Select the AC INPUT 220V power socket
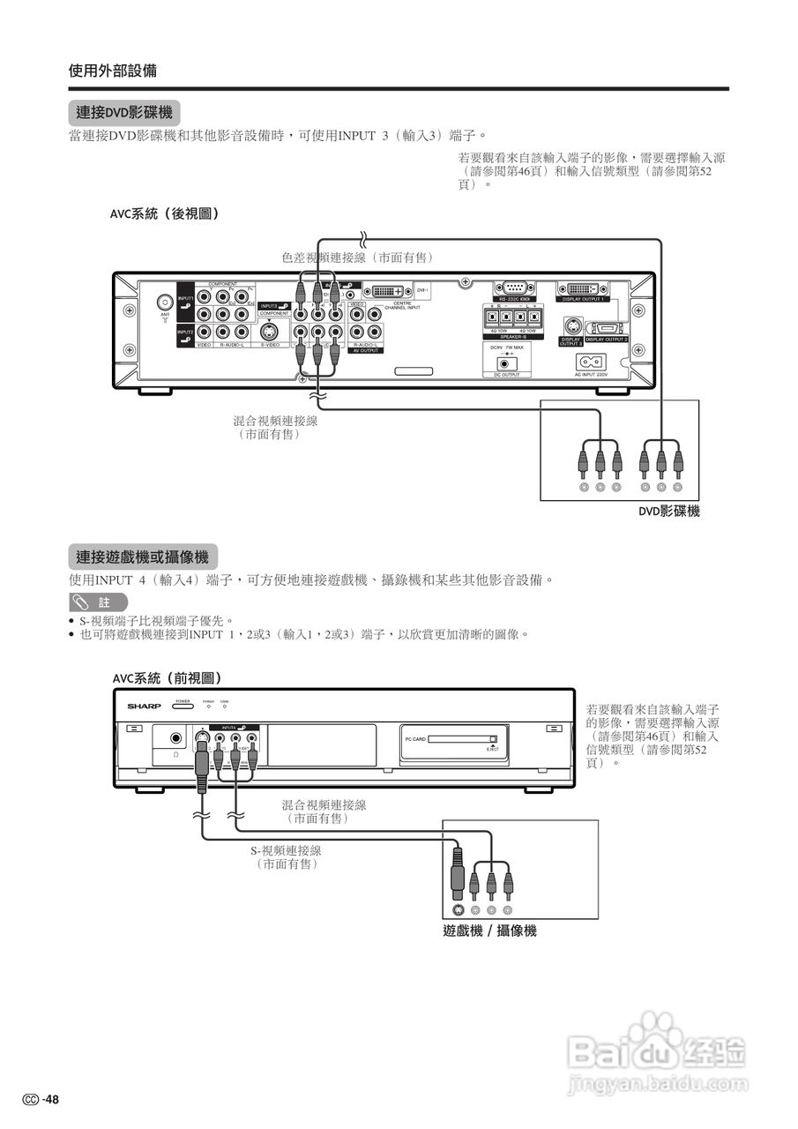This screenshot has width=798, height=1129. (590, 362)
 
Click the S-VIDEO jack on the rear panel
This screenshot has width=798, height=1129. (271, 332)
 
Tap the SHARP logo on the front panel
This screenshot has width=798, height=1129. (145, 707)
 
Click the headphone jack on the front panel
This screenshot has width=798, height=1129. (176, 738)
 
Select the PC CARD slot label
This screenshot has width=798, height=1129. (415, 739)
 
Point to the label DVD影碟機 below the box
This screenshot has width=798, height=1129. (669, 511)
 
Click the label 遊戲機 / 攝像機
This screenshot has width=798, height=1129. (489, 931)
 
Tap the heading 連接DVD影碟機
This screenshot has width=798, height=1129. (123, 113)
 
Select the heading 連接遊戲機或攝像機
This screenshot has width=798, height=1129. (142, 557)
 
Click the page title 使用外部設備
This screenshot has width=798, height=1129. (113, 71)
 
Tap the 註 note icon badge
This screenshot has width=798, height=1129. (98, 602)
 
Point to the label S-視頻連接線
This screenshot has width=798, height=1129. (286, 850)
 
